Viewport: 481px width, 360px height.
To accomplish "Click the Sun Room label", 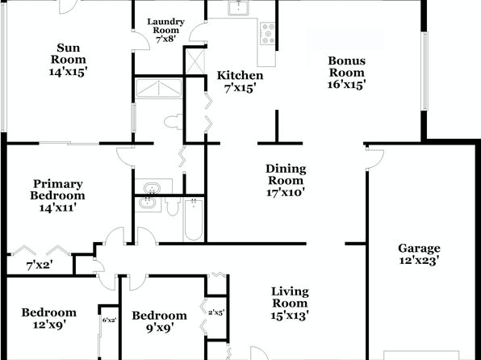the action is (x=69, y=54).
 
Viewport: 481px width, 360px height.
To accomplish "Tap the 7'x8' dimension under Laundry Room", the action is (x=165, y=40).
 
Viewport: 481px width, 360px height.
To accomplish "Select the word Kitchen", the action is (x=240, y=75).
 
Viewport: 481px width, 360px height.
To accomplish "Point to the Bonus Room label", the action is (x=347, y=67).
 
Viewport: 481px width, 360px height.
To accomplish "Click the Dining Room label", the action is (x=286, y=174).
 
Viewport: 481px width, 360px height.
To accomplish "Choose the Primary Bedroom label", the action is (x=57, y=190).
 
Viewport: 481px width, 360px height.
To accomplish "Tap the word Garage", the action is (x=419, y=248).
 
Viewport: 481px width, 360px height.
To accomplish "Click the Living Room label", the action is (x=290, y=297).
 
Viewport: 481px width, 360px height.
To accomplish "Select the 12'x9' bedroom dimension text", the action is (x=50, y=325).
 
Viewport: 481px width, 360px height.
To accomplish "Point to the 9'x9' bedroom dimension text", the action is (x=160, y=328).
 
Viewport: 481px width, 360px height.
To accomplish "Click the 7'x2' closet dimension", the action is (x=40, y=266).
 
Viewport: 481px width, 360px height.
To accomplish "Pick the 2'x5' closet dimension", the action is (x=216, y=312).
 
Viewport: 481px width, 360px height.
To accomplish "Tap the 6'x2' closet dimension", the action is (x=110, y=320).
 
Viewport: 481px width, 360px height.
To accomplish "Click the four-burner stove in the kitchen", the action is (x=268, y=33).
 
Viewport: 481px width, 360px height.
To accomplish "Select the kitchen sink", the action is (x=238, y=8).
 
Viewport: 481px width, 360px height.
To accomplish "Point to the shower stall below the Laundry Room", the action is (x=159, y=89).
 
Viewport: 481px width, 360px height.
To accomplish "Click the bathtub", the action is (x=194, y=219).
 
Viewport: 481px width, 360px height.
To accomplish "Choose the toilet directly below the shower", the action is (x=174, y=122).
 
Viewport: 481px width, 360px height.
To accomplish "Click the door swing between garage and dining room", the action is (x=374, y=159).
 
